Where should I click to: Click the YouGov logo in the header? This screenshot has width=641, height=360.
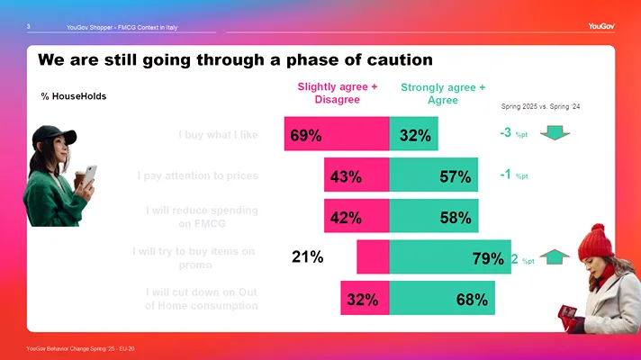point(601,26)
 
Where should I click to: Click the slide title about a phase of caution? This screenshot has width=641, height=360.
point(236,60)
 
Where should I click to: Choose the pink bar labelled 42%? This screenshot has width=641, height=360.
point(357,217)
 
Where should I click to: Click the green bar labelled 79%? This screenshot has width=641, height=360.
point(449,258)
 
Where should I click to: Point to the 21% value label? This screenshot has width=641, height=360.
point(308,257)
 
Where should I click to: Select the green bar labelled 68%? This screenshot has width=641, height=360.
point(442,299)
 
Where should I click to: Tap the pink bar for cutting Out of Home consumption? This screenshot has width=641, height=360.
point(365,299)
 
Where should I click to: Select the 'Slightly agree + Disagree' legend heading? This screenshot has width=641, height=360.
point(337,93)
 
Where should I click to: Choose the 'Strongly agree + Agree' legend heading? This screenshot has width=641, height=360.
point(443,94)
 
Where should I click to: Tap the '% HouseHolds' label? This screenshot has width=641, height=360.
point(74,96)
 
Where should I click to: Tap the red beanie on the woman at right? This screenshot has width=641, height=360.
point(592,240)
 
